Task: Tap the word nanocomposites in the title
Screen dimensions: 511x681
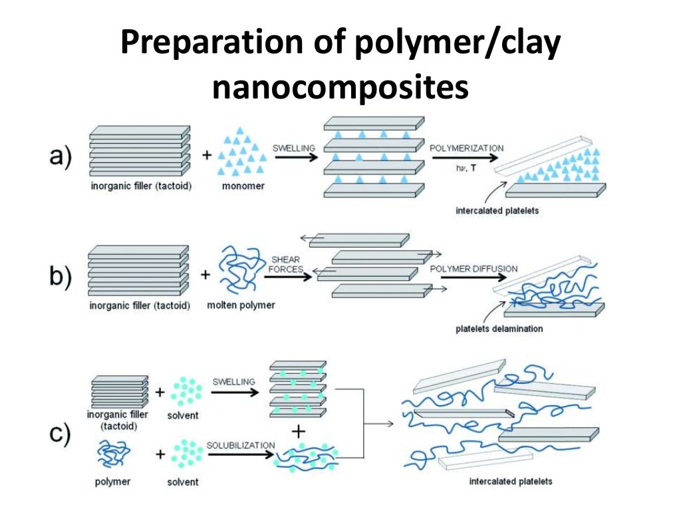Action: tap(340, 88)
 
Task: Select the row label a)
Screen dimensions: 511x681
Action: tap(61, 158)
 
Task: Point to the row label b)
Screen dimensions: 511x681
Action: tap(61, 275)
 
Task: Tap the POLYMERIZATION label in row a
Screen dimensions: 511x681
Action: tap(466, 147)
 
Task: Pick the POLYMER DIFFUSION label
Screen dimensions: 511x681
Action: tap(473, 269)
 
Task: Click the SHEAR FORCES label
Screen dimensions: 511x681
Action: tap(287, 264)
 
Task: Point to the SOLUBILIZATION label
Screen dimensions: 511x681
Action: tap(241, 444)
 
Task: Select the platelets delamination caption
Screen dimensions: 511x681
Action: tap(499, 329)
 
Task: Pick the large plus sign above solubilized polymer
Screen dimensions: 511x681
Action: tap(299, 432)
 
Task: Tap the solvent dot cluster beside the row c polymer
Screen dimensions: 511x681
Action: tap(184, 454)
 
